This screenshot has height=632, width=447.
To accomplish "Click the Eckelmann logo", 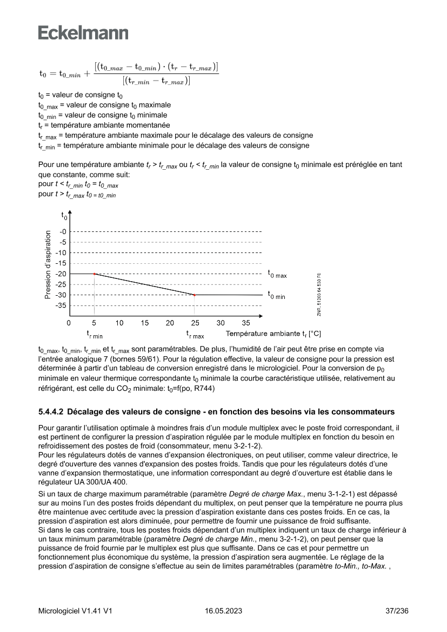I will point(83,33).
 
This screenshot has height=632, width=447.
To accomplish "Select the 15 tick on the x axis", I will point(145,323).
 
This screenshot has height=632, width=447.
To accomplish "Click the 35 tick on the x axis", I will point(246,323).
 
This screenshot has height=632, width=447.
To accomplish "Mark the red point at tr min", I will point(94,274).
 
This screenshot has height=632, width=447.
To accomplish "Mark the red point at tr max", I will point(195,295).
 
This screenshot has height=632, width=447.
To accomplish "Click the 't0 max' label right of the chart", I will point(277,274).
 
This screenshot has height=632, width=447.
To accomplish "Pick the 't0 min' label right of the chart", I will point(276,295).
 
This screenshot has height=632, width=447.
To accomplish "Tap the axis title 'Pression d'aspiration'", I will point(48,264).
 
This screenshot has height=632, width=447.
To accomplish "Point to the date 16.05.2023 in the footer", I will point(223,611).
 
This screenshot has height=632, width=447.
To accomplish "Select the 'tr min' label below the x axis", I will point(95,335).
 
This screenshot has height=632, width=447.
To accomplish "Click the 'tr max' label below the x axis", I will point(195,335).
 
